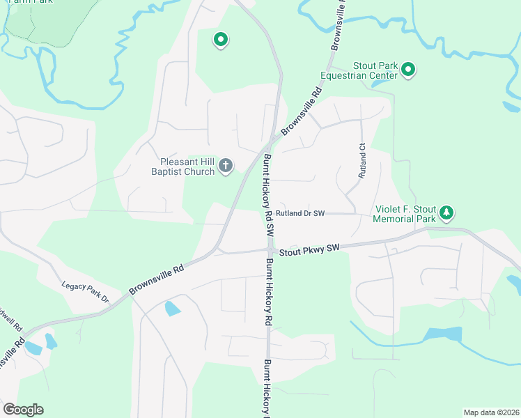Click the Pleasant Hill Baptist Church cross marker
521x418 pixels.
coord(225,165)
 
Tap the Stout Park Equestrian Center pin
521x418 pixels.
coord(408,70)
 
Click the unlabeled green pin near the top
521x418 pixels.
coord(220,40)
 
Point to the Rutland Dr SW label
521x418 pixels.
coord(300,213)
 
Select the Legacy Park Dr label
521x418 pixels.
coord(86,291)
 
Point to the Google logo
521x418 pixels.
coord(24,410)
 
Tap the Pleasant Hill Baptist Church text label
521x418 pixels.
coord(184,165)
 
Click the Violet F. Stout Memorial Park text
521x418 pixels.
coord(404,213)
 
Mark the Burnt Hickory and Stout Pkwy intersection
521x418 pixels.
coord(269,249)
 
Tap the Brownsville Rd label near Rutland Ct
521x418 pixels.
coord(302,111)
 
